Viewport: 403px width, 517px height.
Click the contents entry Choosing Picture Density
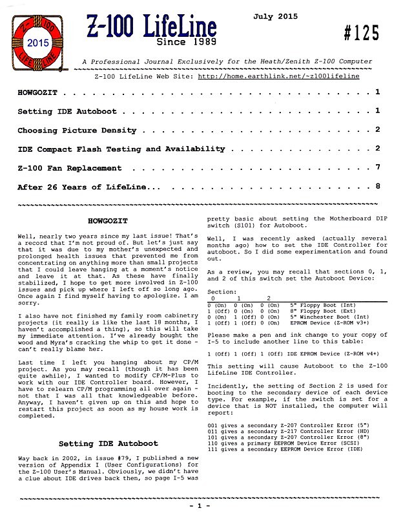click(x=77, y=131)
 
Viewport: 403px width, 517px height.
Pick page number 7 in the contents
click(x=377, y=167)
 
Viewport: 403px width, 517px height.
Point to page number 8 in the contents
click(x=377, y=187)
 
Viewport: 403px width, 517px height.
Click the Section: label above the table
click(x=221, y=291)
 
